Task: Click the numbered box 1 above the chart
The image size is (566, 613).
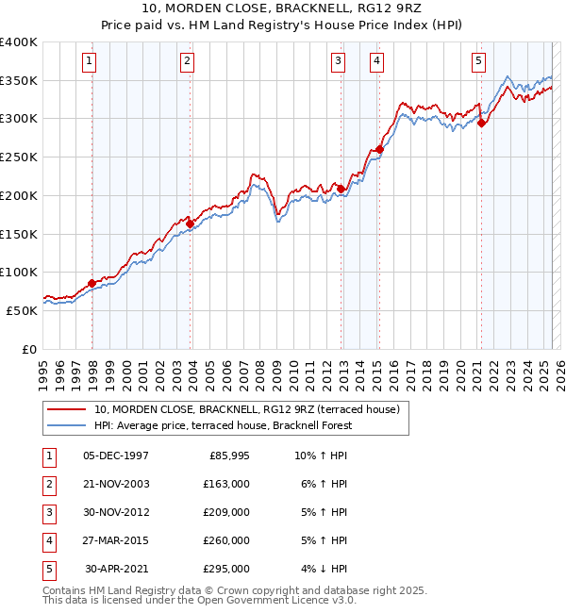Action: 89,62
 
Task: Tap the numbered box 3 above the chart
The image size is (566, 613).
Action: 338,62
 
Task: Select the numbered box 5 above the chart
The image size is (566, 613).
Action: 479,62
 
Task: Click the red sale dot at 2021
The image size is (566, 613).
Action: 481,122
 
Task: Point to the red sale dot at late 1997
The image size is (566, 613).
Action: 92,283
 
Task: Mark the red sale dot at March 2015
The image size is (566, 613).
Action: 379,149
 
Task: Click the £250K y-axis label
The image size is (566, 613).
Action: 18,157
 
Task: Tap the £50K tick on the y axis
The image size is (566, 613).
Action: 22,310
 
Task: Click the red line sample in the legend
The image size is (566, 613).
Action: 66,409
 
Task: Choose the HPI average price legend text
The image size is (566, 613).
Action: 223,425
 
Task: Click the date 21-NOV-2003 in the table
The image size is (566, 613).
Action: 116,484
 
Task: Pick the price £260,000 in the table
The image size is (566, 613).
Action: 226,540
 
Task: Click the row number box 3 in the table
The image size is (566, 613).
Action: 48,512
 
